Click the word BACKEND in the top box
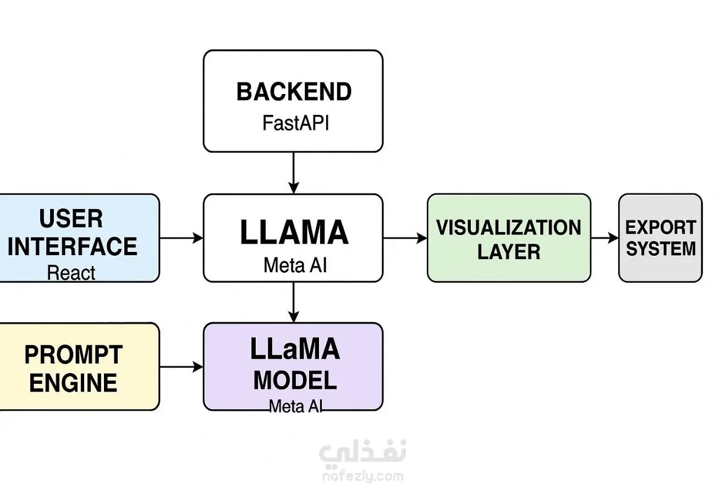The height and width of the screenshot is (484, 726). [294, 92]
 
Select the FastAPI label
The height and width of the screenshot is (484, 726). [295, 123]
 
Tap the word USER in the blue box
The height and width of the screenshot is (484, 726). [71, 219]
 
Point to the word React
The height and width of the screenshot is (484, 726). [71, 273]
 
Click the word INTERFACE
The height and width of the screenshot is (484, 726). [72, 246]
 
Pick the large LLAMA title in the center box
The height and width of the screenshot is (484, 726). [294, 233]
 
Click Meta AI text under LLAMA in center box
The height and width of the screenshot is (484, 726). [295, 266]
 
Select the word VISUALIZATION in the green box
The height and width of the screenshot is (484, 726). [508, 227]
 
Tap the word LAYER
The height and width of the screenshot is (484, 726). [508, 252]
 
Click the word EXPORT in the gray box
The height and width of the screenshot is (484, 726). [661, 227]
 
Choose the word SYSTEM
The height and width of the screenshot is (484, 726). [661, 249]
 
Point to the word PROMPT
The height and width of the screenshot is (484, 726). [73, 355]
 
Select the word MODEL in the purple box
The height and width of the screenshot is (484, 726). [295, 381]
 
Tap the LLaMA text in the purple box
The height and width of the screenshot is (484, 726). [295, 350]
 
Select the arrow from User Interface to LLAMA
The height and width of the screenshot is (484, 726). [182, 238]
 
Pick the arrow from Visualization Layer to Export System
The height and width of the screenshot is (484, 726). [604, 238]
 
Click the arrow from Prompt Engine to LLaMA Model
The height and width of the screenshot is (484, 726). [182, 367]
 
